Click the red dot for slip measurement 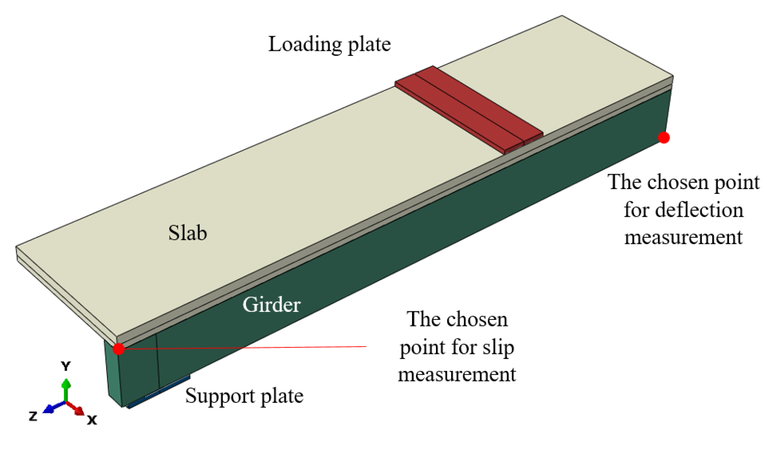point(118,349)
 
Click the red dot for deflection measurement point(663,138)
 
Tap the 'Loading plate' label point(329,44)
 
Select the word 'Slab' point(188,233)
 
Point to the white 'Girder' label point(271,305)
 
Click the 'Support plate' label point(244,396)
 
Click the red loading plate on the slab point(469,109)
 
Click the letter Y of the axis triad point(66,366)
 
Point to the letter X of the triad point(92,420)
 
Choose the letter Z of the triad point(33,416)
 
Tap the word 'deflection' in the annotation point(699,210)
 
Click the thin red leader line point(278,347)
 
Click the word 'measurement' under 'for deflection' point(683,238)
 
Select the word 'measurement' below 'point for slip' point(457,375)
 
